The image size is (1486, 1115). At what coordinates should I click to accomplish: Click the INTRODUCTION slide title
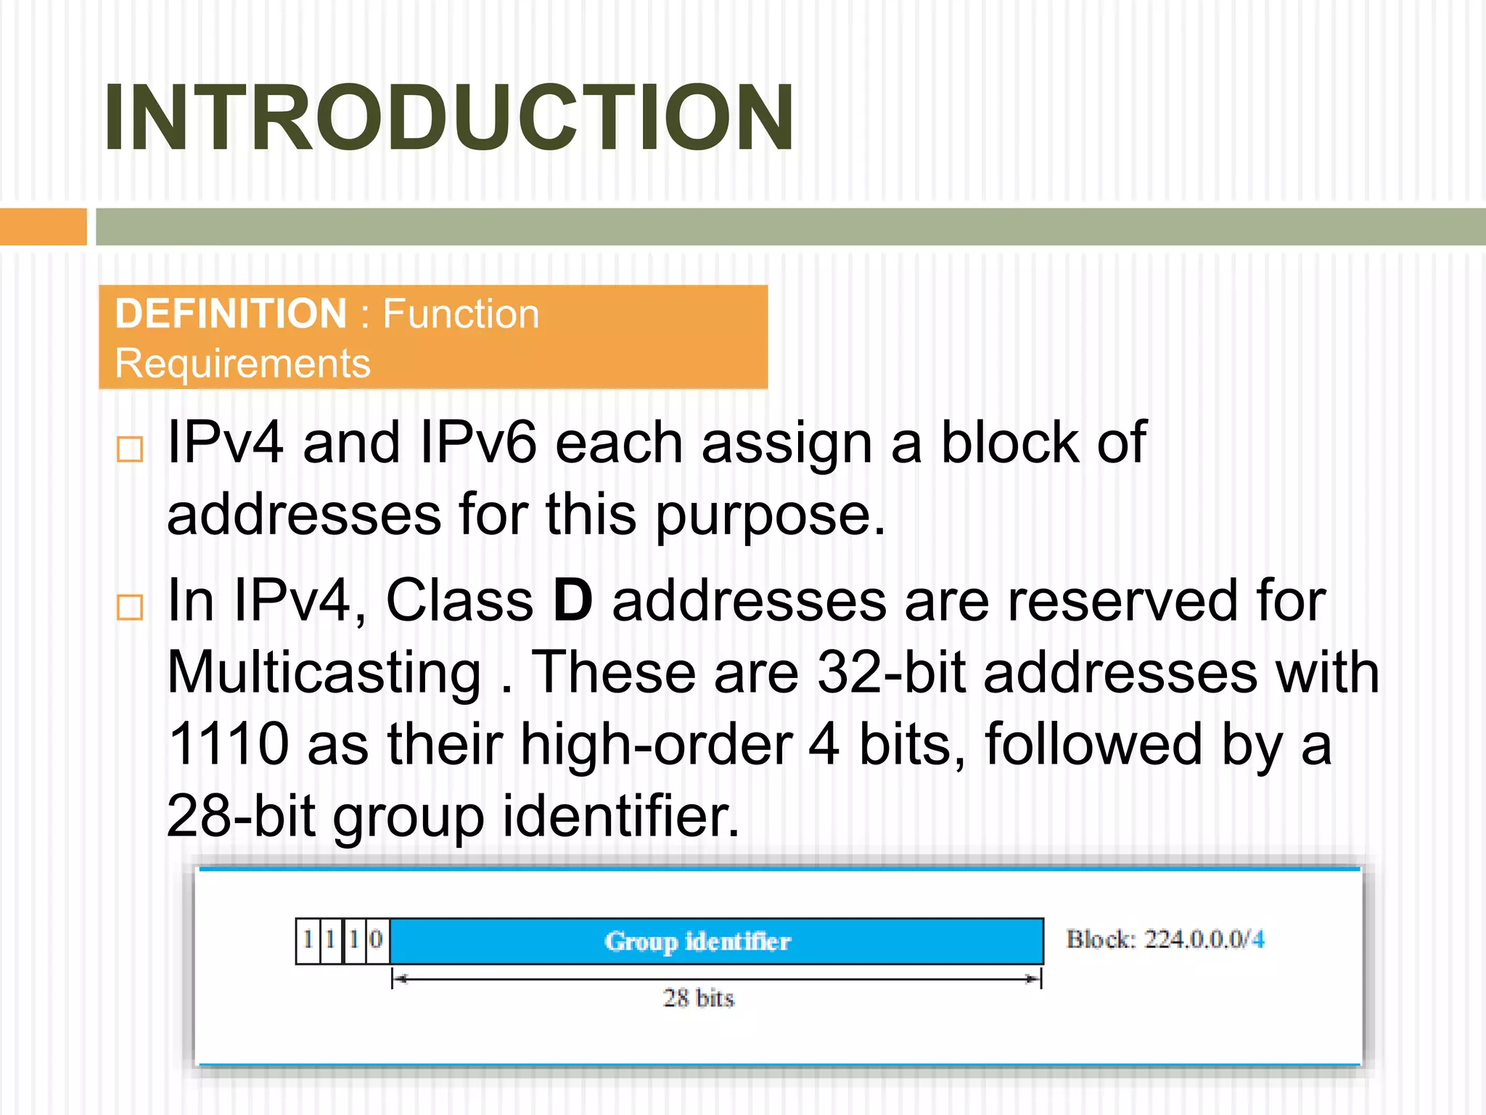[x=448, y=118]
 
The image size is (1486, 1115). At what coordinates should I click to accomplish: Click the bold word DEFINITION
[x=231, y=314]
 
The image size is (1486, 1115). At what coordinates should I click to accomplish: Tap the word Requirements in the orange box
[x=242, y=363]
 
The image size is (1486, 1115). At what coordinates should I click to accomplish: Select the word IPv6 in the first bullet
[x=479, y=443]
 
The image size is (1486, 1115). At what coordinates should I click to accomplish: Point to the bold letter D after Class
[x=572, y=601]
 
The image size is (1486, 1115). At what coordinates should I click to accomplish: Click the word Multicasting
[x=324, y=673]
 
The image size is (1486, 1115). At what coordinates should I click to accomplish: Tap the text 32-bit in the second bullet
[x=891, y=673]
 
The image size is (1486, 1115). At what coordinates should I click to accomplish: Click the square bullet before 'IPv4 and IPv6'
[x=130, y=449]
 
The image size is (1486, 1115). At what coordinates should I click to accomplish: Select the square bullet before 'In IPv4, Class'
[x=130, y=607]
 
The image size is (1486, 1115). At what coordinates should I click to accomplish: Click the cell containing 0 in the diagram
[x=377, y=940]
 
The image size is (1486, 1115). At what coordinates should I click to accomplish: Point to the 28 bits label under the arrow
[x=698, y=998]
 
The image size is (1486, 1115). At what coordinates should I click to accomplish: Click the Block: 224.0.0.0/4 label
[x=1165, y=939]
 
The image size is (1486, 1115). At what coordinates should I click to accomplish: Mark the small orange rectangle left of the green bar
[x=43, y=226]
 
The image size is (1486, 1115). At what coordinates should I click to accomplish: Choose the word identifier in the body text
[x=620, y=816]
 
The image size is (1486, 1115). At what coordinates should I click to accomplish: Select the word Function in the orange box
[x=461, y=314]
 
